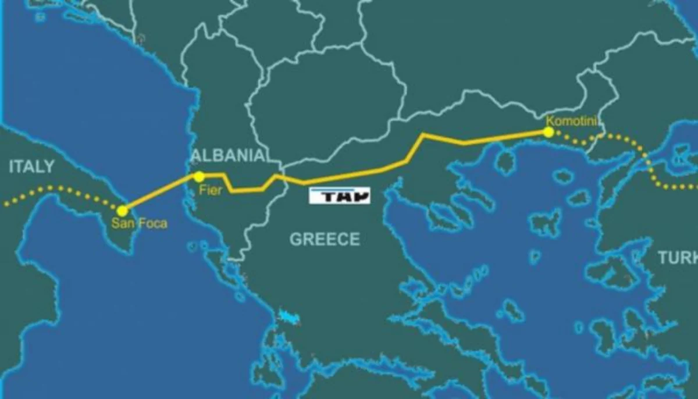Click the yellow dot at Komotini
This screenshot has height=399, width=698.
pyautogui.click(x=548, y=132)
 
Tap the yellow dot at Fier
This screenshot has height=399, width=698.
pyautogui.click(x=199, y=176)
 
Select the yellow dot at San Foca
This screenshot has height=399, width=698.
pyautogui.click(x=122, y=211)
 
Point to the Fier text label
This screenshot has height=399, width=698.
pyautogui.click(x=210, y=190)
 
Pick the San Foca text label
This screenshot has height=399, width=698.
pyautogui.click(x=140, y=223)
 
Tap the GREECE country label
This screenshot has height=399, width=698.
pyautogui.click(x=325, y=239)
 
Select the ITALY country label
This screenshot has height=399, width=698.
pyautogui.click(x=31, y=167)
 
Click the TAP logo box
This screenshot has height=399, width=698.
pyautogui.click(x=339, y=196)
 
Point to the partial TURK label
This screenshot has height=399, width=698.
pyautogui.click(x=678, y=258)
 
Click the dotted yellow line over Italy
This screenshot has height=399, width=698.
pyautogui.click(x=58, y=188)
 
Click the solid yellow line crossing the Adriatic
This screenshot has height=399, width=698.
pyautogui.click(x=160, y=193)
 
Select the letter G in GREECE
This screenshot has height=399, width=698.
pyautogui.click(x=295, y=239)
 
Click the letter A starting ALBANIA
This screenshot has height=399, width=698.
pyautogui.click(x=196, y=155)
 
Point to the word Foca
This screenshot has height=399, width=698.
pyautogui.click(x=154, y=223)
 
